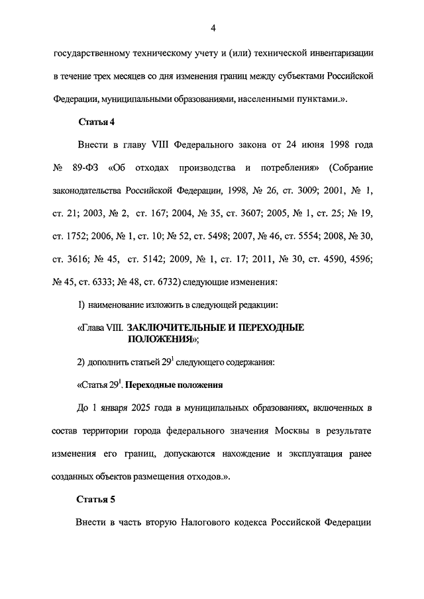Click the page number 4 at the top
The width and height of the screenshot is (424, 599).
tap(213, 27)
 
